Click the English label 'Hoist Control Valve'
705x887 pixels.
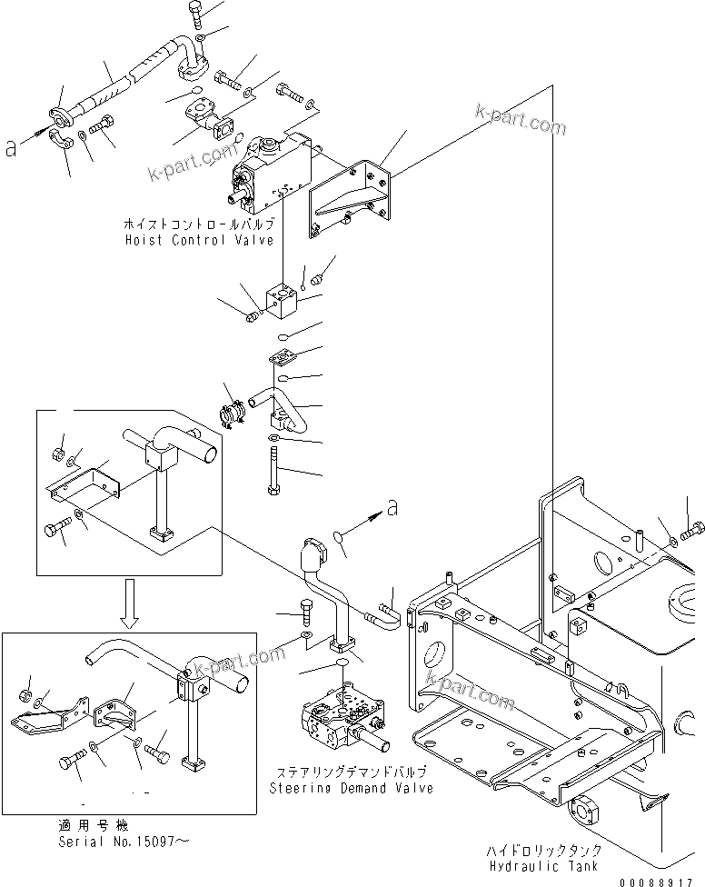coord(200,240)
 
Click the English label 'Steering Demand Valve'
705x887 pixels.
coord(351,788)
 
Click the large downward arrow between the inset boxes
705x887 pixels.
coord(131,605)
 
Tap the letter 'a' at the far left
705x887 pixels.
coord(11,147)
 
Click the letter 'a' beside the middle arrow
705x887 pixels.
coord(392,509)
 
